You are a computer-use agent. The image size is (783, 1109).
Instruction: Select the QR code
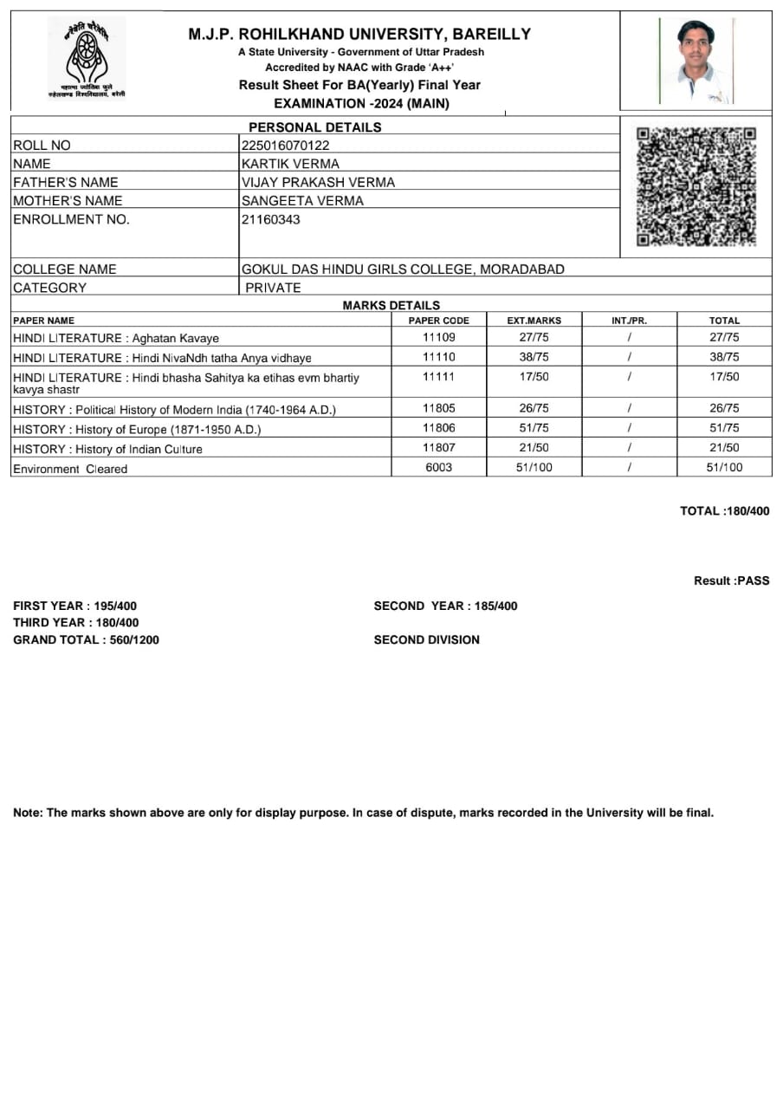click(x=696, y=186)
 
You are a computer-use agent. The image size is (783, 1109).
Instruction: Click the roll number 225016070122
click(x=285, y=146)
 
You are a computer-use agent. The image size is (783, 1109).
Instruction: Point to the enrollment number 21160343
click(x=270, y=219)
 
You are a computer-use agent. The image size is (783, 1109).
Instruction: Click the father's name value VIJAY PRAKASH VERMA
click(x=318, y=182)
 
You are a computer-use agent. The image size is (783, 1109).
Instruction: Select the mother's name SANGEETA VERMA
click(x=302, y=201)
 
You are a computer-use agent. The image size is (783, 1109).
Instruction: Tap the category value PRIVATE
click(x=273, y=288)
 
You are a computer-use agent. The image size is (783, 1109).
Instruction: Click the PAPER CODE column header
click(x=438, y=321)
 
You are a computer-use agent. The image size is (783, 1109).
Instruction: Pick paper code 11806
click(x=438, y=428)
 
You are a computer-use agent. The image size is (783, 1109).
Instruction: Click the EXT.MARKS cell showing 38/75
click(x=534, y=357)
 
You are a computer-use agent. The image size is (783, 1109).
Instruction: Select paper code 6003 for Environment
click(x=438, y=468)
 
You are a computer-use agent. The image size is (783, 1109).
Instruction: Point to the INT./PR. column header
click(x=629, y=321)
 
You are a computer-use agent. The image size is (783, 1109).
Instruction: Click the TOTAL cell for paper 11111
click(x=724, y=377)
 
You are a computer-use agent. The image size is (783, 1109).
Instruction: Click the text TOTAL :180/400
click(x=724, y=511)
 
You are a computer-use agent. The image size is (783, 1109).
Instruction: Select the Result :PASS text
click(x=731, y=580)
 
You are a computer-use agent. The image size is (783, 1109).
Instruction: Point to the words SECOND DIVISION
click(x=426, y=640)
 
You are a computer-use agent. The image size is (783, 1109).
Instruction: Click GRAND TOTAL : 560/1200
click(x=86, y=640)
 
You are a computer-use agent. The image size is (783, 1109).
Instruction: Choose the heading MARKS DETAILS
click(x=391, y=305)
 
